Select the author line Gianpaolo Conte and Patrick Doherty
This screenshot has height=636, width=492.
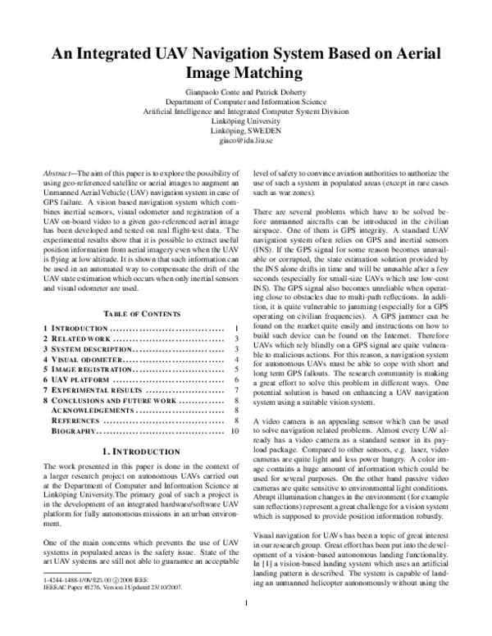(246, 93)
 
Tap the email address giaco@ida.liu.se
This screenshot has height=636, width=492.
(246, 141)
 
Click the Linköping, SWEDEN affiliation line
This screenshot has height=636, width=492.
(246, 129)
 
